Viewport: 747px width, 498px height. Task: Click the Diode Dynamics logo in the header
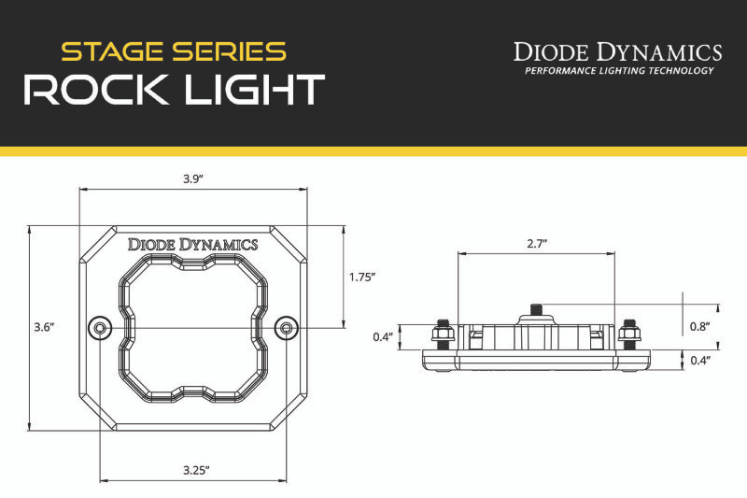click(x=618, y=51)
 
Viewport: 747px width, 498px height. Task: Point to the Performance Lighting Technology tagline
click(x=618, y=71)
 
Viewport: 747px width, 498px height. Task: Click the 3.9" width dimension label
click(x=193, y=178)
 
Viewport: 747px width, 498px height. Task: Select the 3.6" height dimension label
click(x=43, y=327)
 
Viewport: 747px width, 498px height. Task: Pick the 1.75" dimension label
click(x=361, y=277)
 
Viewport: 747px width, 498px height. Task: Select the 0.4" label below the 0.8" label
click(x=700, y=360)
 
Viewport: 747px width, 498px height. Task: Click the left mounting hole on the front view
click(x=99, y=327)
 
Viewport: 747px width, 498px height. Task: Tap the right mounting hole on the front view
click(x=288, y=327)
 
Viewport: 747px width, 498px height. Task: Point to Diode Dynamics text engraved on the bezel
click(x=193, y=245)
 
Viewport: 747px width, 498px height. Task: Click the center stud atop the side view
click(x=536, y=308)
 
